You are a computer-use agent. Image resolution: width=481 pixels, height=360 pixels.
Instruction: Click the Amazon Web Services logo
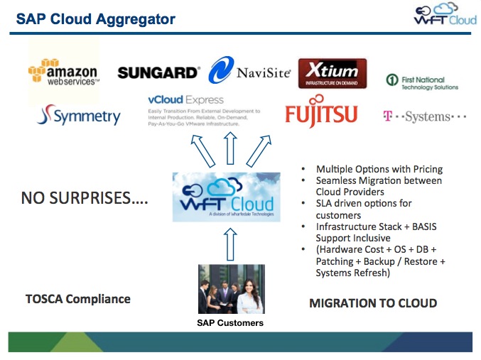point(63,75)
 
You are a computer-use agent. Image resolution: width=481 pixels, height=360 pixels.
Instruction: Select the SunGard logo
point(158,72)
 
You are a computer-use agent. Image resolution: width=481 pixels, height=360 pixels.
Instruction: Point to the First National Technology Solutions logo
point(422,82)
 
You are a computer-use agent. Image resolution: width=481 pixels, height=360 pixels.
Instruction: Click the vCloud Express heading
point(185,100)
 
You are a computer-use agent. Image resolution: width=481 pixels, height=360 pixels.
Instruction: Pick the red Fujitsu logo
point(320,115)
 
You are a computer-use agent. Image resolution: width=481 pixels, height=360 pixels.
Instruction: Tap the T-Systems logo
point(424,116)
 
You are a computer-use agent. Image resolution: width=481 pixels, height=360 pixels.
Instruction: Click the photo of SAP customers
point(231,289)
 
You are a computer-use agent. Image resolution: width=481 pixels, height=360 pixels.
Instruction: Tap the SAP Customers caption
point(230,323)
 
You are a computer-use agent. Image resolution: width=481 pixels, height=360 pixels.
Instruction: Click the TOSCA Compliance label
point(78,299)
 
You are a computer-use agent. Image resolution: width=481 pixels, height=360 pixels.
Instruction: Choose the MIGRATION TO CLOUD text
point(373,303)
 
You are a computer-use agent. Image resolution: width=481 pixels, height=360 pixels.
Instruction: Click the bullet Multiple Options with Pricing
point(379,169)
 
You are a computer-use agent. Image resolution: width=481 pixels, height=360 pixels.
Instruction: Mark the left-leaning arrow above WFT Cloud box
point(197,150)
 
